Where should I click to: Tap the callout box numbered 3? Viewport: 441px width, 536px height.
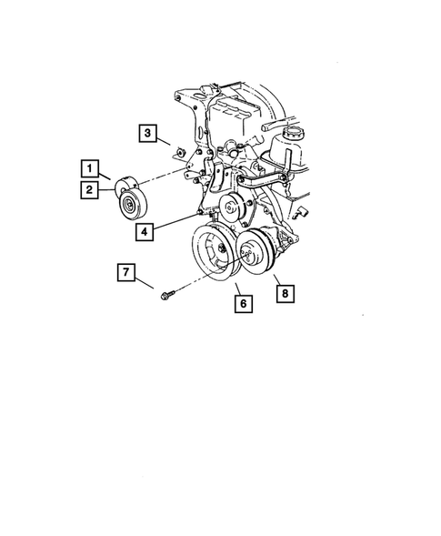(x=146, y=135)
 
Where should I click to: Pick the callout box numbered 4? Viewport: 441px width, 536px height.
(x=146, y=231)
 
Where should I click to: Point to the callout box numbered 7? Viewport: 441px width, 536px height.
(x=126, y=271)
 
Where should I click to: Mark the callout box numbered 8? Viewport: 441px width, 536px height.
(x=285, y=293)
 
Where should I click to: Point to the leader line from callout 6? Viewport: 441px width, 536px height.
(x=237, y=288)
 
